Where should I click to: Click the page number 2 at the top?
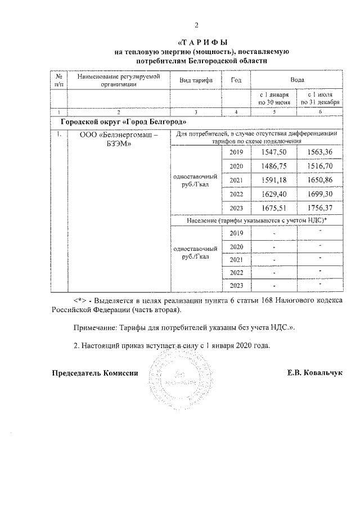pyautogui.click(x=197, y=25)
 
